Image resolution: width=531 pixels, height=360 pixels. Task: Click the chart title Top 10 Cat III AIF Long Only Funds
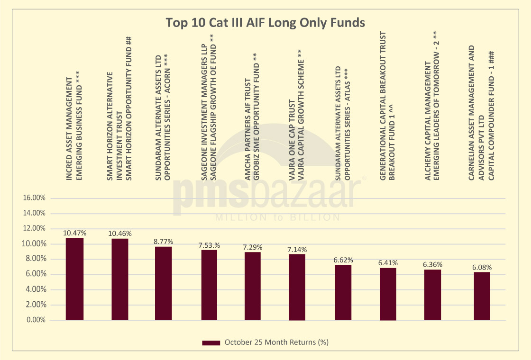click(265, 23)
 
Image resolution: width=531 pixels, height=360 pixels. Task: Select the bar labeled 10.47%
click(74, 279)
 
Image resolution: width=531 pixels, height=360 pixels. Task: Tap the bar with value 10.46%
click(120, 279)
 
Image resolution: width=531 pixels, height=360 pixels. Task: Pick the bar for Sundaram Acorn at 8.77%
click(164, 283)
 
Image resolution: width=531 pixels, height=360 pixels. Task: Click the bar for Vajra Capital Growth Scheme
click(297, 287)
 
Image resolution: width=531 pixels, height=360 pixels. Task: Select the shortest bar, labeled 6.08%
click(482, 296)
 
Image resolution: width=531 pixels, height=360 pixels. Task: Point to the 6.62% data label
click(344, 260)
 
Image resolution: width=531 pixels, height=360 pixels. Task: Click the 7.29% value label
click(253, 247)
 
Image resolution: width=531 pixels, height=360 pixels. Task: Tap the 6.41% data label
click(388, 263)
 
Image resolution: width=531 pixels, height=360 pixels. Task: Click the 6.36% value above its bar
click(432, 265)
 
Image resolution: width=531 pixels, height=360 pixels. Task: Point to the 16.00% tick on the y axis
click(34, 198)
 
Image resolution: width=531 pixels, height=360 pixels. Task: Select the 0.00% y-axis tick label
click(35, 320)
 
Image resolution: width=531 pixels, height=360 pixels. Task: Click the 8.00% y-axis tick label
click(35, 259)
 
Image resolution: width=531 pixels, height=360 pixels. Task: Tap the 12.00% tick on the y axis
click(34, 228)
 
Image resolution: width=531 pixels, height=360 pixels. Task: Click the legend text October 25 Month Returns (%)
click(277, 342)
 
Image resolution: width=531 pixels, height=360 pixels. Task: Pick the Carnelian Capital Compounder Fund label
click(482, 113)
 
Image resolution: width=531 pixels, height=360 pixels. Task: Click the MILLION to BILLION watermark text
click(277, 217)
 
